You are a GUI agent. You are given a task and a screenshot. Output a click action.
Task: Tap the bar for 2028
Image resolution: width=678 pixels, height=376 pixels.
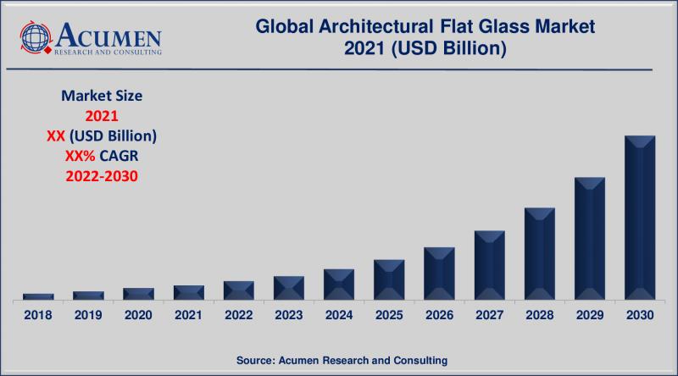[x=539, y=253]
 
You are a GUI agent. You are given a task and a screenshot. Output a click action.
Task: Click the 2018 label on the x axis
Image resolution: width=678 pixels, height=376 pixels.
[x=38, y=315]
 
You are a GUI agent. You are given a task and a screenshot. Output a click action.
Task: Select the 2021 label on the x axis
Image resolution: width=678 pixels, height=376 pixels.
[x=189, y=315]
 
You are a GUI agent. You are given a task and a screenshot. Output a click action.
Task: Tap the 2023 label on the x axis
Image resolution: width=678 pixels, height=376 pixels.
[x=289, y=315]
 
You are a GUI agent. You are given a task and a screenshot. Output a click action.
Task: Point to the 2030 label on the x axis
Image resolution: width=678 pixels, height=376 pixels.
[x=640, y=315]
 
